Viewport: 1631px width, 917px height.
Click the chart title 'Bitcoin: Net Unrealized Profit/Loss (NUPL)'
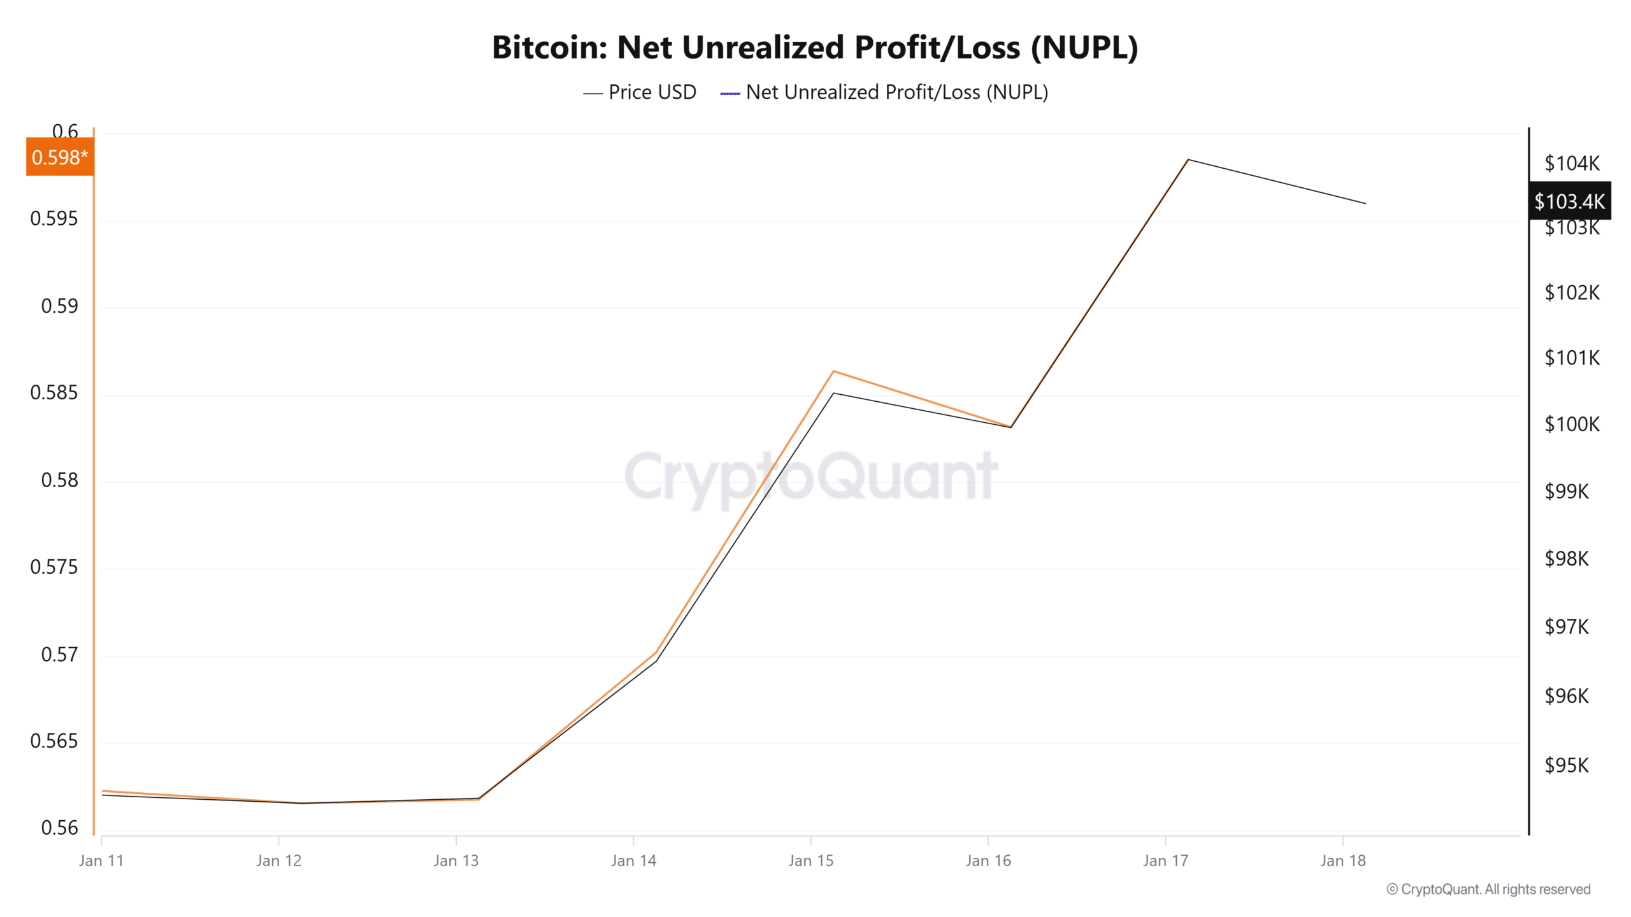[x=815, y=47]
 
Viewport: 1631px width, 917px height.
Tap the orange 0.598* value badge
[x=60, y=157]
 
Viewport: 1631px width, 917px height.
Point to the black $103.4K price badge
[x=1569, y=201]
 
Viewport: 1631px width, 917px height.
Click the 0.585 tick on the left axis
[x=54, y=393]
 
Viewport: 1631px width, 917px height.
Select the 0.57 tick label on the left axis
[x=59, y=654]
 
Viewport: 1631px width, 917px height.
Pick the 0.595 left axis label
[x=54, y=219]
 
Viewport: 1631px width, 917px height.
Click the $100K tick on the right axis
[x=1572, y=424]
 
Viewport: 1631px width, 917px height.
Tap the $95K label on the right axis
[x=1567, y=765]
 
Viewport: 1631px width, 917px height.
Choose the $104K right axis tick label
[x=1572, y=164]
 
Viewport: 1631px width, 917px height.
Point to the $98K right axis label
[x=1567, y=559]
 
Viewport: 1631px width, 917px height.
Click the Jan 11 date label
[x=101, y=861]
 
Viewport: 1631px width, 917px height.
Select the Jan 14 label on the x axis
[x=633, y=861]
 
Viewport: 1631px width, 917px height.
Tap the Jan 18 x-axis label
[x=1343, y=861]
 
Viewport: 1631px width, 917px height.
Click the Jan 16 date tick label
[x=988, y=861]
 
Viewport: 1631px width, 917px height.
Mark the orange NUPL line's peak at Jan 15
[x=834, y=371]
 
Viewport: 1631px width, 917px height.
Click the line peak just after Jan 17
[x=1188, y=160]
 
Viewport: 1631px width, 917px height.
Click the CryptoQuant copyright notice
[x=1488, y=890]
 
